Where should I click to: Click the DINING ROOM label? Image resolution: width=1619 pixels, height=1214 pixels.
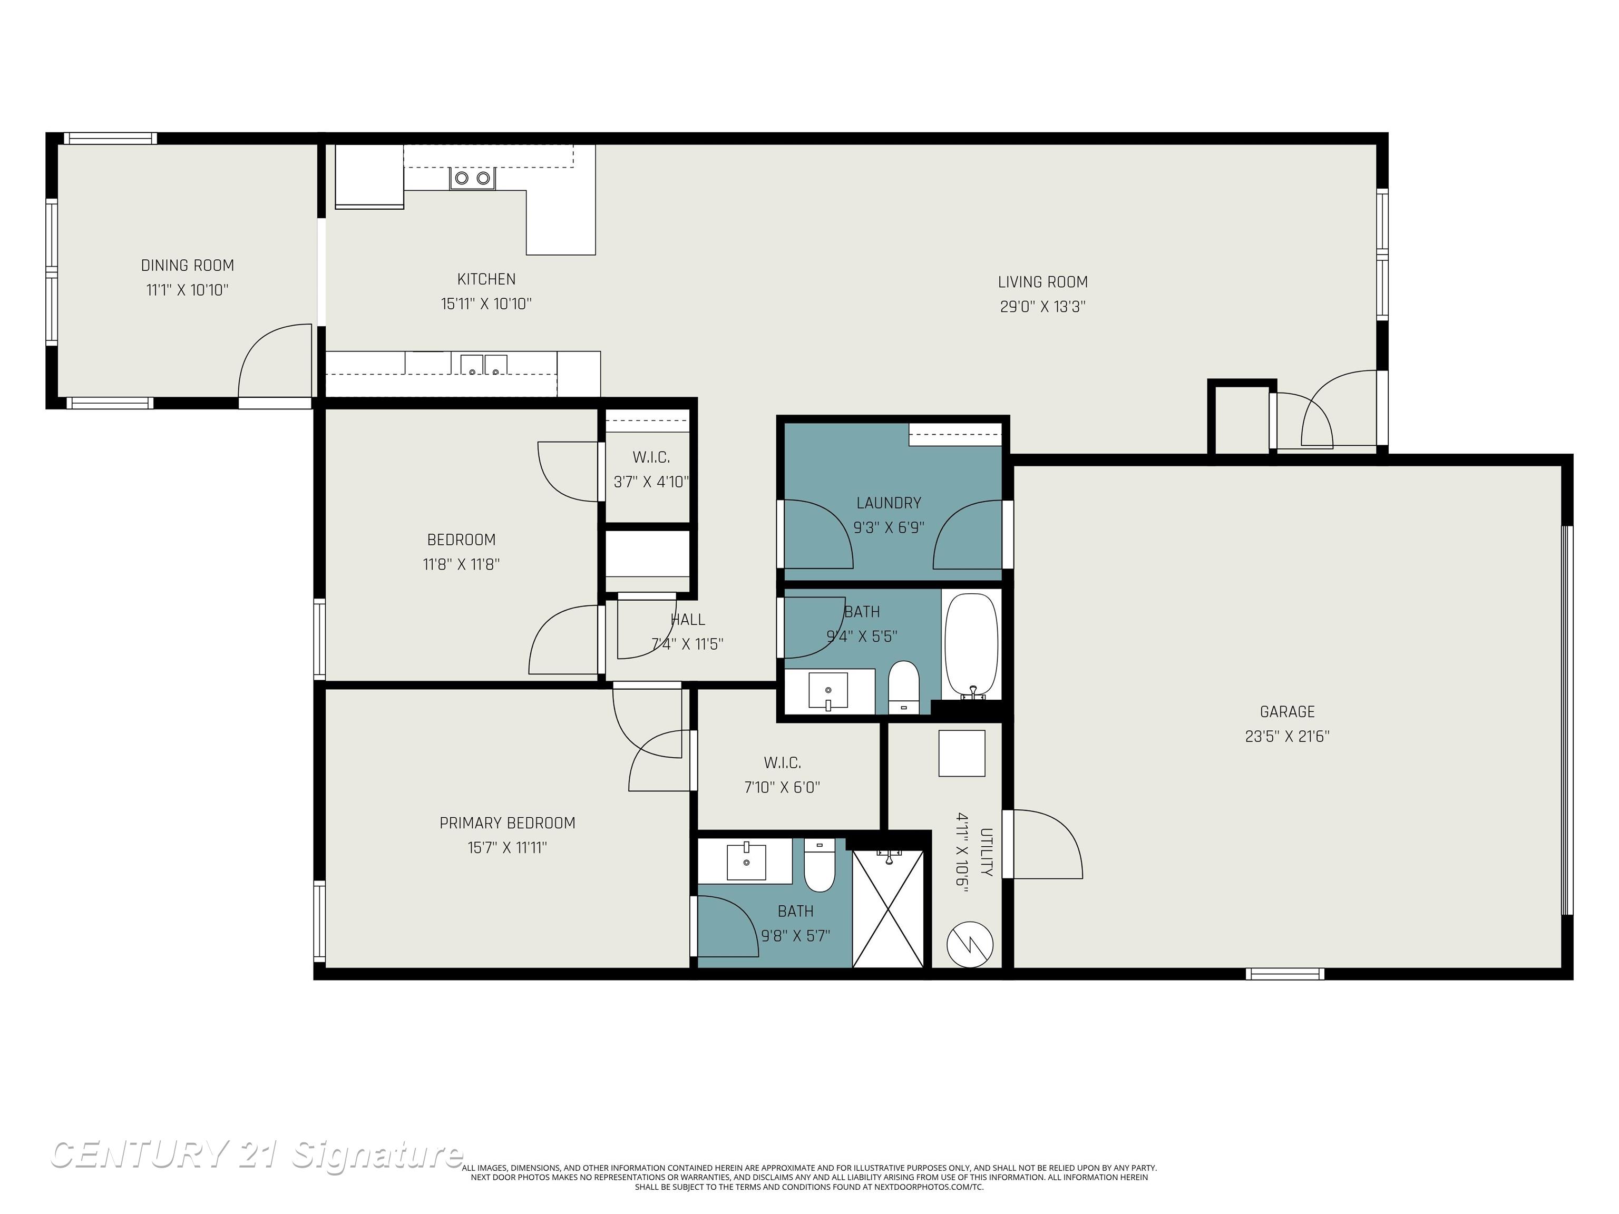point(188,266)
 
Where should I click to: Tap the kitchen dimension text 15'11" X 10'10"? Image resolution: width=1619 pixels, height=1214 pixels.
point(486,303)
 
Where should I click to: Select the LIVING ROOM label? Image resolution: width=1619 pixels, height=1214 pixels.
point(1042,282)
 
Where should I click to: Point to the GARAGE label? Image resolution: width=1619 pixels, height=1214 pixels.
point(1286,711)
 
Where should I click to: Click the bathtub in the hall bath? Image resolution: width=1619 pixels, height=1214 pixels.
point(971,645)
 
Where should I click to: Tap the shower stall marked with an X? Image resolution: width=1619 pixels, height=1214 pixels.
point(888,909)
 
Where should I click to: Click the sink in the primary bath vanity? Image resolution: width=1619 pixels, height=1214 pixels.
point(747,861)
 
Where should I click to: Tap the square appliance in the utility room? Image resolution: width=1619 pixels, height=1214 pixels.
point(962,753)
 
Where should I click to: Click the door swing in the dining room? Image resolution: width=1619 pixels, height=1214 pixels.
point(275,362)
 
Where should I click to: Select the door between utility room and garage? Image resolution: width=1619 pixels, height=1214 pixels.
point(1043,844)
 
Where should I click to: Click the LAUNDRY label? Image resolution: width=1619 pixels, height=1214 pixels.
point(889,503)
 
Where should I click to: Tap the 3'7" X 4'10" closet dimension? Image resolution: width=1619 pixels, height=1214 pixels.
point(651,482)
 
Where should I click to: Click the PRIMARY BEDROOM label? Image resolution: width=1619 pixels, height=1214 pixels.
point(507,823)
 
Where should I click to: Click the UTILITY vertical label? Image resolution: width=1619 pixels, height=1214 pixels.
point(986,852)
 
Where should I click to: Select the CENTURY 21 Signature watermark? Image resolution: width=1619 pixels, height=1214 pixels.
point(256,1156)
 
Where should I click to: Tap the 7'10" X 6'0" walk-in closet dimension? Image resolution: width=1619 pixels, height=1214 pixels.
point(782,787)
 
